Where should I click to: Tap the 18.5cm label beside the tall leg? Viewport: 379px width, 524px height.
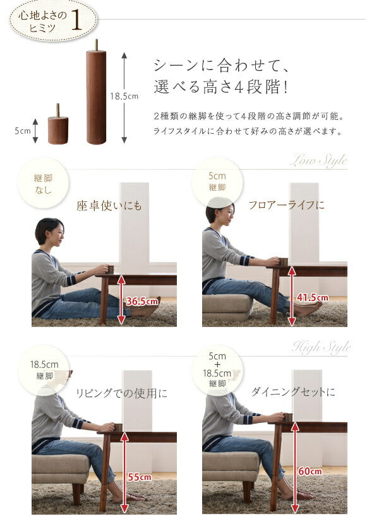(x=124, y=97)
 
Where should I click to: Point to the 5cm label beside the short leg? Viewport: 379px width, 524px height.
(x=22, y=131)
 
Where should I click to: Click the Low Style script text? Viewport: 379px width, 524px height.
(x=318, y=161)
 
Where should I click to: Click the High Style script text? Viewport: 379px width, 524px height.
(x=320, y=347)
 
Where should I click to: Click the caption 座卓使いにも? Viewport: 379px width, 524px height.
(x=109, y=206)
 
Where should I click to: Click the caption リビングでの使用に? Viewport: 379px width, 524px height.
(x=121, y=393)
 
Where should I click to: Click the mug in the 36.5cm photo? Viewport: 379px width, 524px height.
(x=110, y=269)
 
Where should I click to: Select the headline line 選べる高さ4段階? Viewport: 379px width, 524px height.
(x=221, y=88)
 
